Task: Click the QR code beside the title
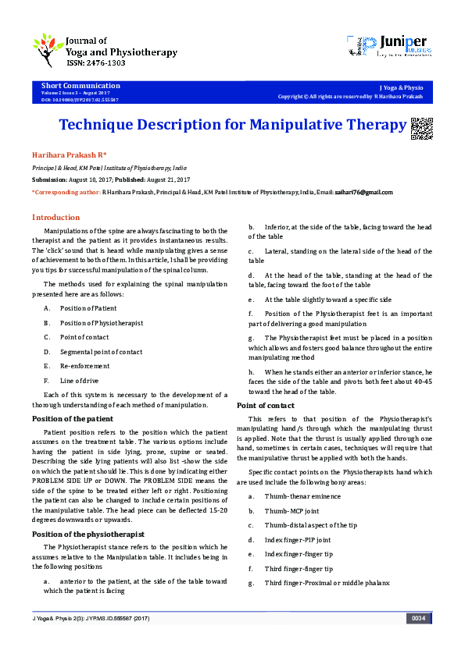pyautogui.click(x=421, y=127)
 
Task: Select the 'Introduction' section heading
pyautogui.click(x=55, y=217)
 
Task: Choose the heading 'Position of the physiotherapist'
pyautogui.click(x=88, y=534)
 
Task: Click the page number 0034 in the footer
pyautogui.click(x=418, y=619)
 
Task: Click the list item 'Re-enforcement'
pyautogui.click(x=85, y=366)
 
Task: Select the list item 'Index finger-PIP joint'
pyautogui.click(x=298, y=539)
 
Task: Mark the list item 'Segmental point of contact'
pyautogui.click(x=102, y=352)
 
